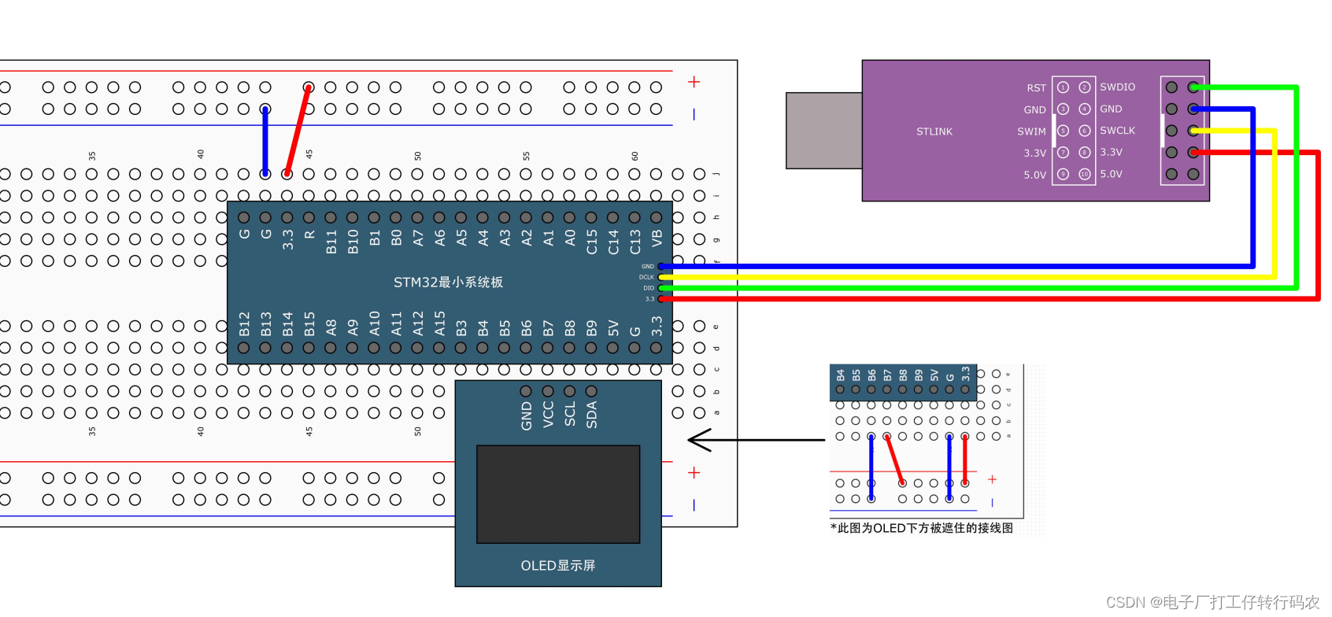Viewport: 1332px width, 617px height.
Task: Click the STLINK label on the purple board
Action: (934, 131)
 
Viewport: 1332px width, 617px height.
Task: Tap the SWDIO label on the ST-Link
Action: (1117, 87)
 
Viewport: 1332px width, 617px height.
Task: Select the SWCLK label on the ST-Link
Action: (1117, 131)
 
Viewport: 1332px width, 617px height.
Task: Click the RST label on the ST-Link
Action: (1036, 88)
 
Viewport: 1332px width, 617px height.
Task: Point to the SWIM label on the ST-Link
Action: (1031, 131)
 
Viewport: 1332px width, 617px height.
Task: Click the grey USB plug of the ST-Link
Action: (823, 130)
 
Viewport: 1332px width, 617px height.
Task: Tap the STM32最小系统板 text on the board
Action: (448, 282)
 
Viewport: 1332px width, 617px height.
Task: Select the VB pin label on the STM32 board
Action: (657, 238)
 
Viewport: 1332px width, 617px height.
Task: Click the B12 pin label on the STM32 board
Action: (244, 323)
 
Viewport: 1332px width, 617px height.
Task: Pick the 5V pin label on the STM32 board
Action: (613, 327)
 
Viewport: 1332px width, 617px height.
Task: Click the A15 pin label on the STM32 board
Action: (439, 323)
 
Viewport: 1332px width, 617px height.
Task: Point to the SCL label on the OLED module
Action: (570, 414)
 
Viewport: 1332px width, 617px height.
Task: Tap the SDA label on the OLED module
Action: (591, 415)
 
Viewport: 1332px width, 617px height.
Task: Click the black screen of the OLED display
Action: (557, 493)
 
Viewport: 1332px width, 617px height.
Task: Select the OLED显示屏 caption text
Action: (557, 565)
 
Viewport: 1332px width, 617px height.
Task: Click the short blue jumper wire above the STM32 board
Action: (265, 142)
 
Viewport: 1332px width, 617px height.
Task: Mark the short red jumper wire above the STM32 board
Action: (298, 131)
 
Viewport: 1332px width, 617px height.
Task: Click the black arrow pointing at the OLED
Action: (756, 440)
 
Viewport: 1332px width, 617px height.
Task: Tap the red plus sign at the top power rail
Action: (694, 82)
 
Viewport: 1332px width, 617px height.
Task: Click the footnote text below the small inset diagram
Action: (921, 528)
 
